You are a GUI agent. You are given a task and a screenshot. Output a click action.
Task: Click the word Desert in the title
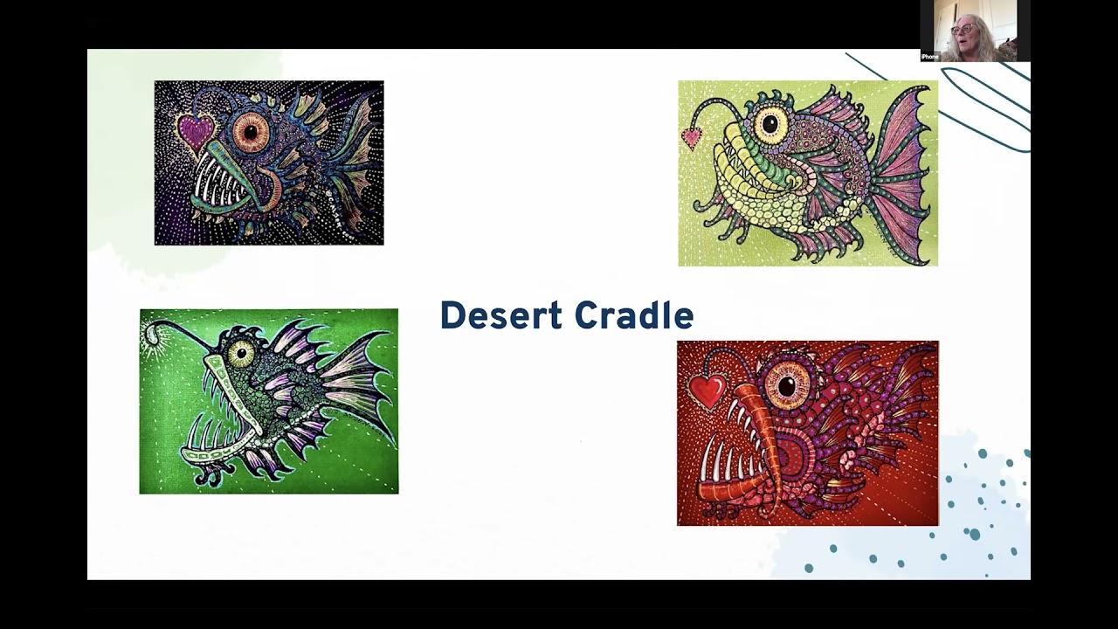[500, 315]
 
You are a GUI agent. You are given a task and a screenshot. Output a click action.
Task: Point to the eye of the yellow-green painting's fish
[770, 124]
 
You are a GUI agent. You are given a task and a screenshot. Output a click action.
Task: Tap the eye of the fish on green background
[241, 354]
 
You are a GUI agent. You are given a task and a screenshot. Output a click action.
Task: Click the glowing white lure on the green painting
[153, 333]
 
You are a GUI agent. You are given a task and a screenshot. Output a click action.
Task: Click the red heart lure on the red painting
[707, 391]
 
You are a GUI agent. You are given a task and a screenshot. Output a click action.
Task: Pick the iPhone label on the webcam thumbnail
[930, 57]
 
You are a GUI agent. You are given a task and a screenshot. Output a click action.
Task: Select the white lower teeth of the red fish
[730, 467]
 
